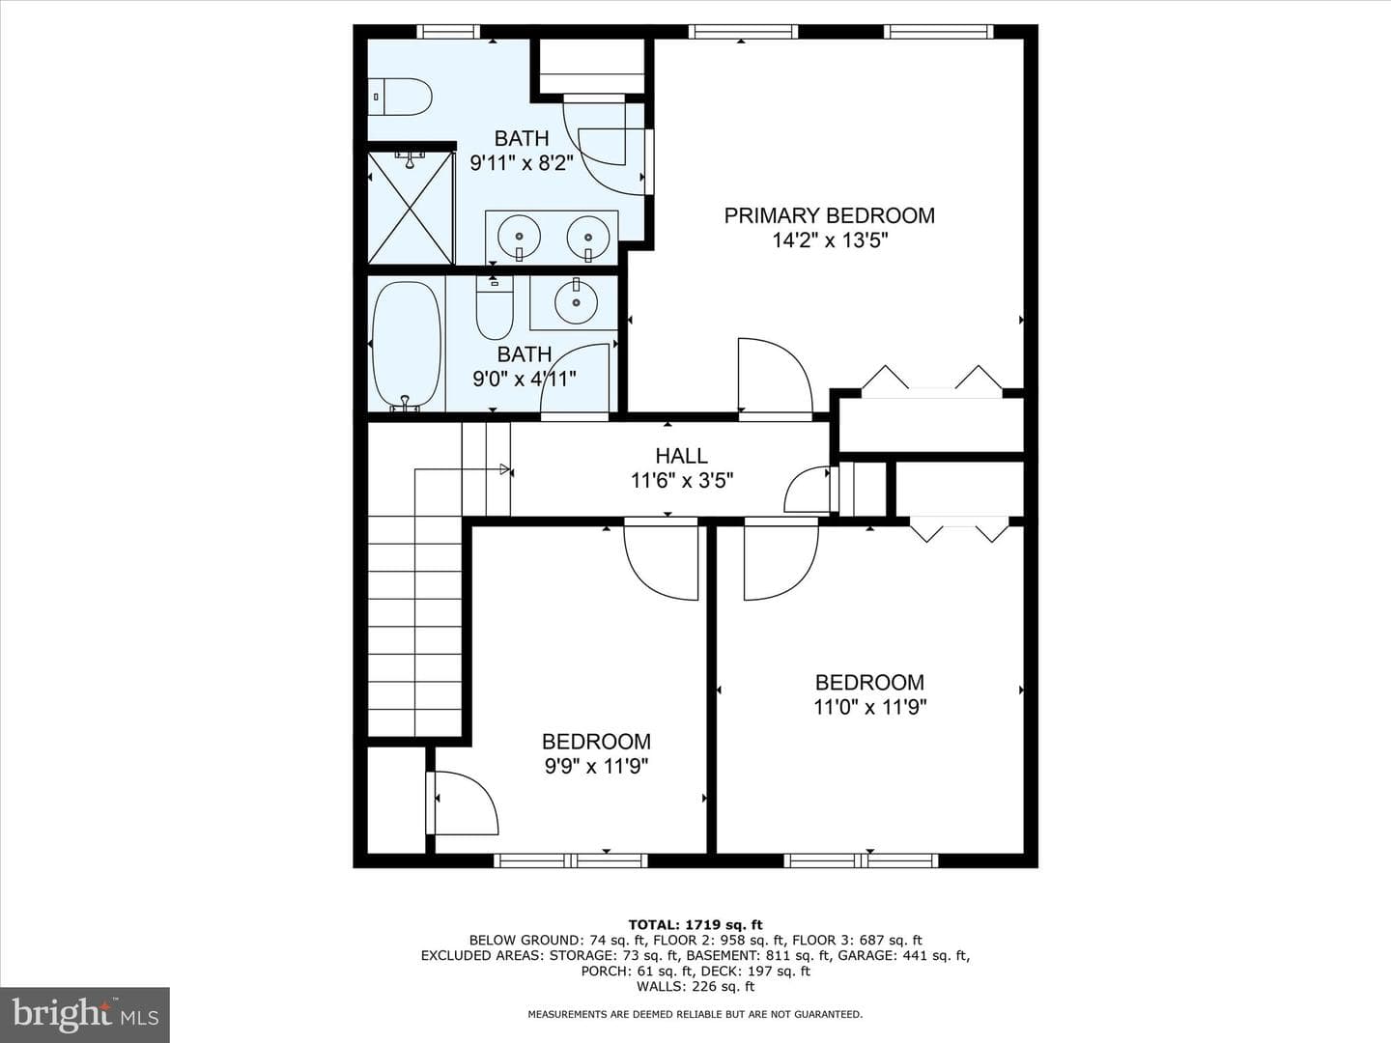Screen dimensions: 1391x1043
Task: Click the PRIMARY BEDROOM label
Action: (x=830, y=216)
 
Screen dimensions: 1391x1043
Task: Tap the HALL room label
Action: (x=681, y=456)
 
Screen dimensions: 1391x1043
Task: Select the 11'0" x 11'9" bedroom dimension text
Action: (x=870, y=707)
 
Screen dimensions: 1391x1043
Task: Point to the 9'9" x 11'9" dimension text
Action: (x=596, y=767)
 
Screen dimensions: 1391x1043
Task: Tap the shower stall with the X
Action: (x=412, y=208)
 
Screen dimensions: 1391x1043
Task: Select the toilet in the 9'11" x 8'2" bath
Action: (x=400, y=97)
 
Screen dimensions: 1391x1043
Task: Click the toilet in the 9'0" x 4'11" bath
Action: (x=495, y=308)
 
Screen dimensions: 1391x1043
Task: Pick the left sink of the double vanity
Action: (x=519, y=238)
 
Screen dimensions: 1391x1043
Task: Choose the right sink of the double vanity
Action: (x=588, y=238)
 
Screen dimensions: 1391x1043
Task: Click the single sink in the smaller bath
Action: (x=576, y=302)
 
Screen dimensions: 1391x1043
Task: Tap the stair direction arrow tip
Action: (x=509, y=469)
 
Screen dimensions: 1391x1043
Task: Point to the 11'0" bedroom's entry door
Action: (x=781, y=558)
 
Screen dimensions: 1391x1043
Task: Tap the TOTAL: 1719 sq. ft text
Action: (x=695, y=925)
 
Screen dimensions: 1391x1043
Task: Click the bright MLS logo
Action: (x=85, y=1015)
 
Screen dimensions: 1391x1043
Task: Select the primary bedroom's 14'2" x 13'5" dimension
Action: (x=830, y=240)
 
